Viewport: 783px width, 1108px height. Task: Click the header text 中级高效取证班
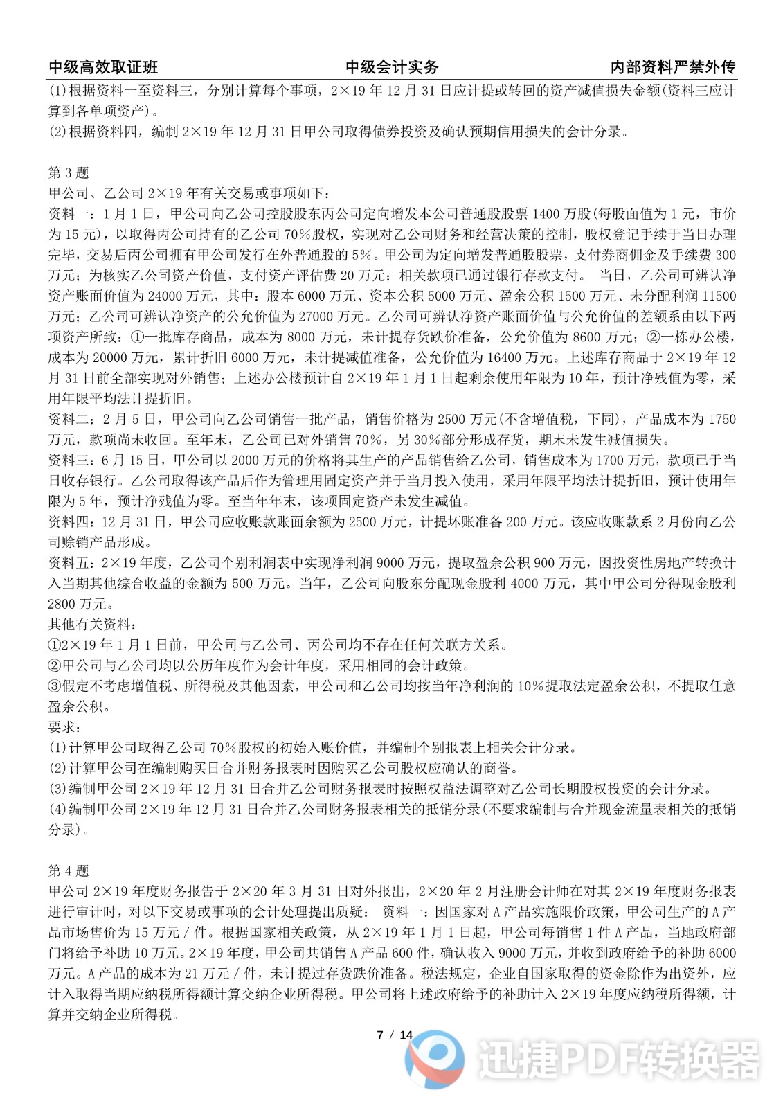(x=103, y=67)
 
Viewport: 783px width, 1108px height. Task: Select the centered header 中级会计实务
(x=392, y=67)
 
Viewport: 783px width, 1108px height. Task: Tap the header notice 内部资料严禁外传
(x=673, y=67)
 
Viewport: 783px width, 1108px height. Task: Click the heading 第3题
(x=68, y=173)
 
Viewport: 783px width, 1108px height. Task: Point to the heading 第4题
(x=68, y=870)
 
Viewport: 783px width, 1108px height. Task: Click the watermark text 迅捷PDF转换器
(x=619, y=1060)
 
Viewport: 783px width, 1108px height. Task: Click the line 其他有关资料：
(x=89, y=624)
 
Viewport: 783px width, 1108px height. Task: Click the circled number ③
(x=55, y=686)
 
